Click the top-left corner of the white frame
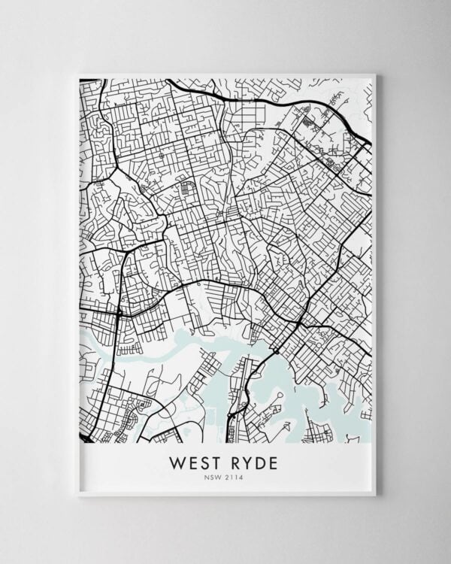(x=78, y=73)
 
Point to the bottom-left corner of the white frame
(x=78, y=495)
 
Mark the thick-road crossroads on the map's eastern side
(x=301, y=322)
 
